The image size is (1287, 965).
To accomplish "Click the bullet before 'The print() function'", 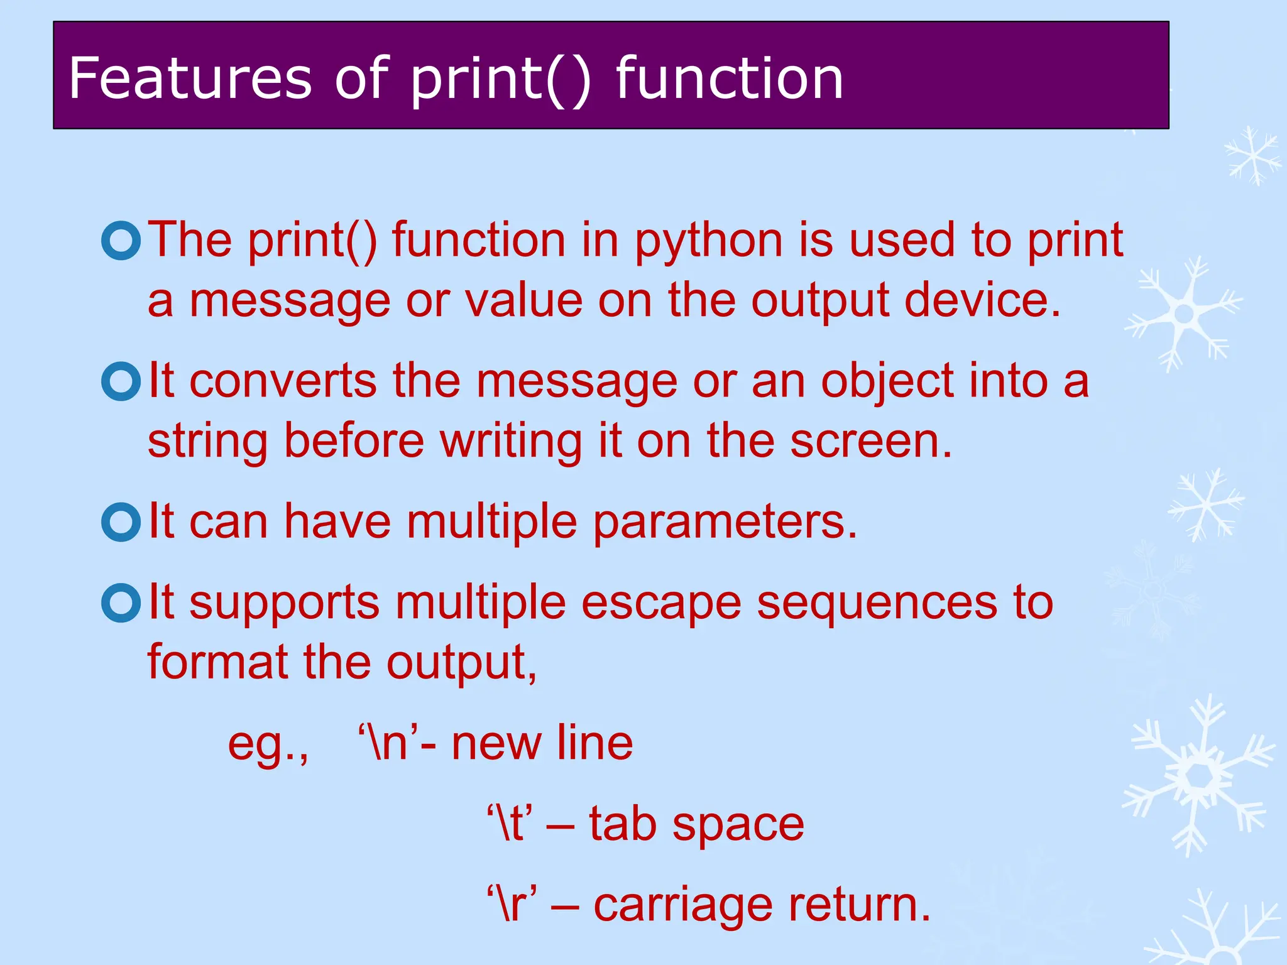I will [121, 240].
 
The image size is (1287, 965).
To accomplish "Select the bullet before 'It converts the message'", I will [121, 381].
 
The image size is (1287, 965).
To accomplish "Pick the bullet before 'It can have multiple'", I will [121, 522].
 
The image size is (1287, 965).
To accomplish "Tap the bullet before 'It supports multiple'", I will [121, 603].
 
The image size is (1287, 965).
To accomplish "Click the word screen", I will [871, 441].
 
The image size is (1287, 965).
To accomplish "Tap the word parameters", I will [725, 523].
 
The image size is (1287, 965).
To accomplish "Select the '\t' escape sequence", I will [510, 824].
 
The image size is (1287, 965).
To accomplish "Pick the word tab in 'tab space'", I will [623, 824].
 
